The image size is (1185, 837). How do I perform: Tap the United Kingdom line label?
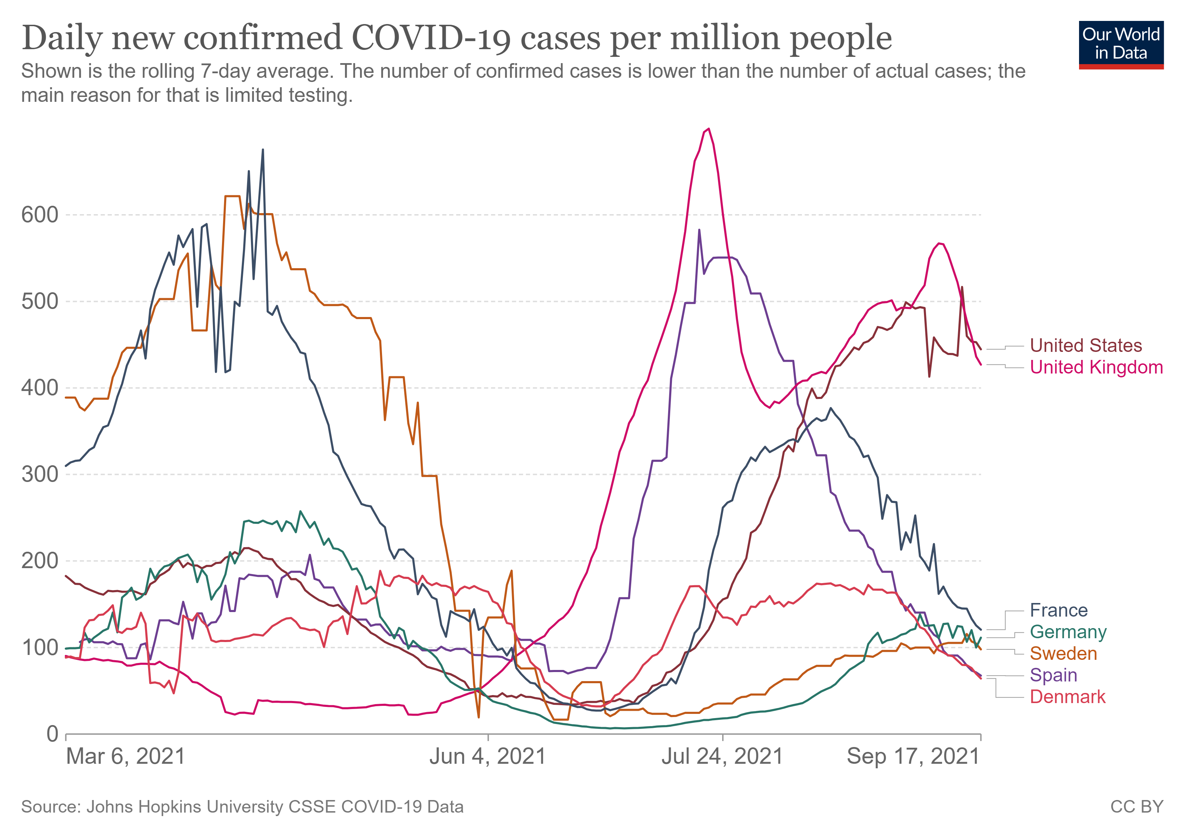pyautogui.click(x=1096, y=367)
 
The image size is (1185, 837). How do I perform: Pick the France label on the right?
pyautogui.click(x=1058, y=610)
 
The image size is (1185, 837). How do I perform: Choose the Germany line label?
pyautogui.click(x=1068, y=632)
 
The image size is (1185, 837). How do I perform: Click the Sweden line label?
pyautogui.click(x=1063, y=654)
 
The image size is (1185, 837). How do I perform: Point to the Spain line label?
pyautogui.click(x=1053, y=676)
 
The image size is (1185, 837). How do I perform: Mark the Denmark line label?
pyautogui.click(x=1067, y=697)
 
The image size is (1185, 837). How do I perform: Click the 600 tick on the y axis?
pyautogui.click(x=40, y=215)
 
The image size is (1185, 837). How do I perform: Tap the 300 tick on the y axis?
pyautogui.click(x=40, y=475)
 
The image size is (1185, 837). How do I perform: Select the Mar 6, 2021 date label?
pyautogui.click(x=125, y=757)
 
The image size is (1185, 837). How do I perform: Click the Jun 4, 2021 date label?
pyautogui.click(x=488, y=757)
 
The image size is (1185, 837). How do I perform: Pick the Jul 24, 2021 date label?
pyautogui.click(x=722, y=757)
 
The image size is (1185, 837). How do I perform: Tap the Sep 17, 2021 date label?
pyautogui.click(x=913, y=757)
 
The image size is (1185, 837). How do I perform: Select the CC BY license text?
pyautogui.click(x=1137, y=807)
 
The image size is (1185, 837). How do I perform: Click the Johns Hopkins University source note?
pyautogui.click(x=242, y=807)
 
